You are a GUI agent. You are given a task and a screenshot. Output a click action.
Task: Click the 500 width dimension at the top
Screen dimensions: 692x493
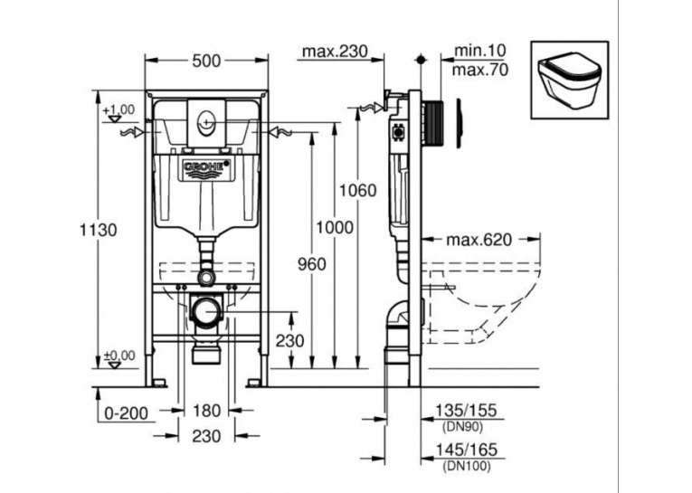tap(206, 61)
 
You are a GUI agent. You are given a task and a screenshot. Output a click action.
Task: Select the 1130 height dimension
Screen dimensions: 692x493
tap(99, 230)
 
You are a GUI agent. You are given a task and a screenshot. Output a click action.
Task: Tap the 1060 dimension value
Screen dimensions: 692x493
tap(357, 190)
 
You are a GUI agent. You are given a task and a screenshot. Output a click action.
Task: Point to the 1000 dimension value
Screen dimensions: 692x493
tap(335, 227)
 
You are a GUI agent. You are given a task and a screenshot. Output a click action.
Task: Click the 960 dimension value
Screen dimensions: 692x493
tap(311, 264)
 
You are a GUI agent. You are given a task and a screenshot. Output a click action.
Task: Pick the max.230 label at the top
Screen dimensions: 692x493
tap(335, 52)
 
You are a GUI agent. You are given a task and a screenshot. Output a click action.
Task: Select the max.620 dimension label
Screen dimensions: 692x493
tap(479, 240)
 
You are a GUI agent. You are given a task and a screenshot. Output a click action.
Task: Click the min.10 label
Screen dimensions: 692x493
tap(479, 51)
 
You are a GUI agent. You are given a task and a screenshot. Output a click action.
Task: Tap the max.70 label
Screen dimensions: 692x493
tap(480, 70)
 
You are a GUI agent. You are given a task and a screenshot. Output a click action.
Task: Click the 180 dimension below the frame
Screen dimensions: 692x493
tap(206, 411)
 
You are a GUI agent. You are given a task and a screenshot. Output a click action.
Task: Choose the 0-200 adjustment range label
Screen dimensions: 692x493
tap(127, 413)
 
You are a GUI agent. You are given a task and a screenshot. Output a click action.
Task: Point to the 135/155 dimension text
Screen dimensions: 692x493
tap(466, 410)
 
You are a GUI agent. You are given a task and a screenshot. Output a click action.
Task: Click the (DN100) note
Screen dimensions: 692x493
tap(466, 465)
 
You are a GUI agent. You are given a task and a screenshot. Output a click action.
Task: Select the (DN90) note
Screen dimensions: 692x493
tap(462, 426)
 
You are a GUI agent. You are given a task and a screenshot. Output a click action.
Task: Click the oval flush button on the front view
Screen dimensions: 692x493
tap(206, 120)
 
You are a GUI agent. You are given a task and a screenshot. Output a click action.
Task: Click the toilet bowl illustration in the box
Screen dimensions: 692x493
tap(569, 81)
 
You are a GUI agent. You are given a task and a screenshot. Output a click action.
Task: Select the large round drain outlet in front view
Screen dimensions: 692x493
tap(206, 313)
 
